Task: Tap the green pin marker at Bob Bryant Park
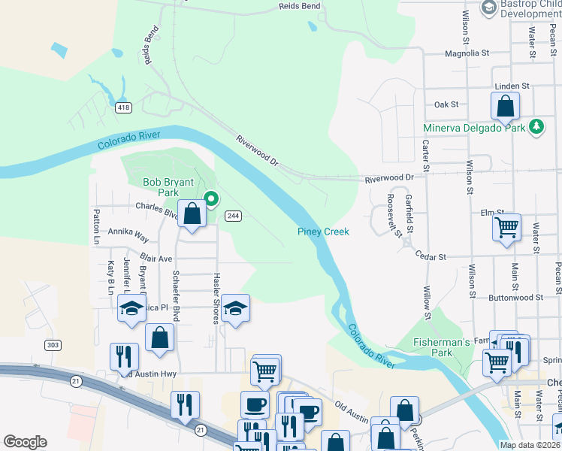212,199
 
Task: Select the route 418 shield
123,108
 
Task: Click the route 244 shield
233,216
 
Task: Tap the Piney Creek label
323,232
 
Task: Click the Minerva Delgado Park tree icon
536,127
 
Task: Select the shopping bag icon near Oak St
505,106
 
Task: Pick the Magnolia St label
467,53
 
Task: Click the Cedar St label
431,256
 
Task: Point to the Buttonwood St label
515,298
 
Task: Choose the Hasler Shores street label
216,298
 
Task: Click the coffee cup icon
254,404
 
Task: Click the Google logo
25,441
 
